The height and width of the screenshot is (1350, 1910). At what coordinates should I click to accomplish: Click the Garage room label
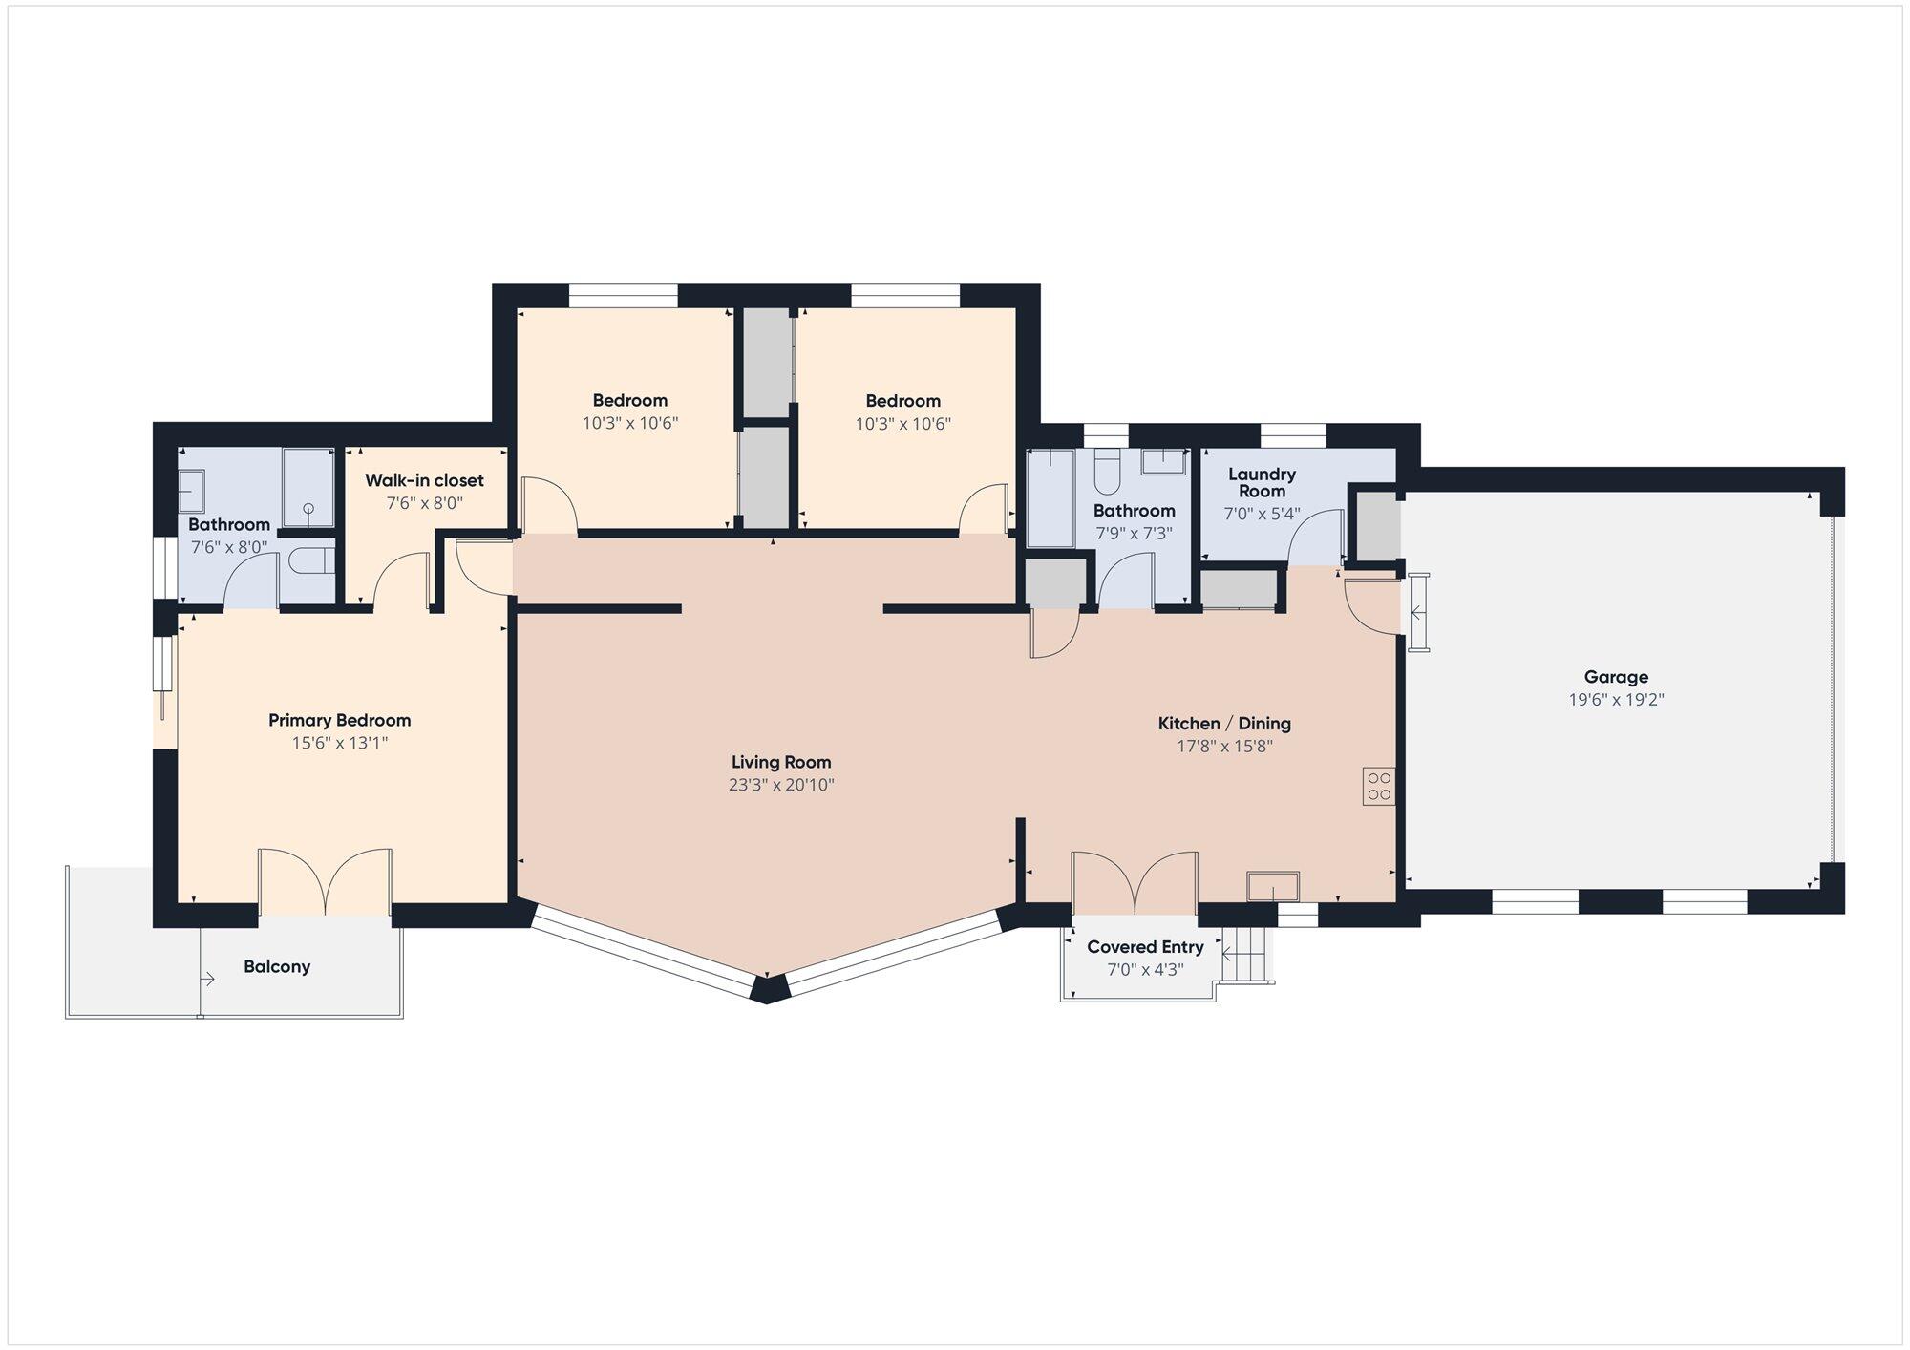1616,677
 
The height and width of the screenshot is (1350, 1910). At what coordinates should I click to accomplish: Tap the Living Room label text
781,762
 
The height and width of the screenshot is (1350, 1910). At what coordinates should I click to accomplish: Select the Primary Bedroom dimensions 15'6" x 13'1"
340,743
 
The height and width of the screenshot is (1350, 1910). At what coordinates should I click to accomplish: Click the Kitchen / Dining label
1224,724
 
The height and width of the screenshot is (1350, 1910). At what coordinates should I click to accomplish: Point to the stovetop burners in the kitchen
1379,786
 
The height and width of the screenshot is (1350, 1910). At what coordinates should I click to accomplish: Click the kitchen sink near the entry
1273,886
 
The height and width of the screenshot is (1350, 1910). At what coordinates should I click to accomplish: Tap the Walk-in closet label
424,480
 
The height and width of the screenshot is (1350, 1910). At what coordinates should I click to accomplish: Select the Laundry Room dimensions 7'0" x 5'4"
1262,514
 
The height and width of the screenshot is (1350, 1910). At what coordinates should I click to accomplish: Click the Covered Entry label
1145,947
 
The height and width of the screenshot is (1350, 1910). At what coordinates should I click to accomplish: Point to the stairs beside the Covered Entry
1248,954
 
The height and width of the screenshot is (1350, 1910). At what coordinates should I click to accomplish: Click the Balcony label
277,966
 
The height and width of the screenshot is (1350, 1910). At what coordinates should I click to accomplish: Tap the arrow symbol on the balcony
207,979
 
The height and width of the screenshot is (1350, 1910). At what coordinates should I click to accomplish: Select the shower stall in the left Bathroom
308,487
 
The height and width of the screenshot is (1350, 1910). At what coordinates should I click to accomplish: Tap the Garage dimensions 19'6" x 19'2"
1616,700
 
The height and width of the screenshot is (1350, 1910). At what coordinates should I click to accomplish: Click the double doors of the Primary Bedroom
325,881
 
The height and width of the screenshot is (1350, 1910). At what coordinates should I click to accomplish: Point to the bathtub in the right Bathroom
1050,497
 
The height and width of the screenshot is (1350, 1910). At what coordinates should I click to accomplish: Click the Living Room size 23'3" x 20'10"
781,785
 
